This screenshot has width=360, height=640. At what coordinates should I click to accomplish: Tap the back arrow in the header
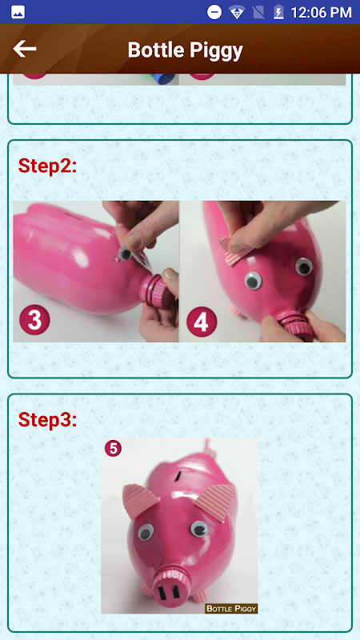(25, 50)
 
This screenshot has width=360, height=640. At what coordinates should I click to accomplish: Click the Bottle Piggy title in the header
(186, 50)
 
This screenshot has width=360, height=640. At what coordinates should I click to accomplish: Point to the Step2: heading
(47, 166)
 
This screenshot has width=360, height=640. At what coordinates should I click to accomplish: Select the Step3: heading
(47, 419)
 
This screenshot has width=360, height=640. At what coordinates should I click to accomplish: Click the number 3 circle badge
(34, 319)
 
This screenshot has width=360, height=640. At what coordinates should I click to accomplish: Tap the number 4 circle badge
(202, 322)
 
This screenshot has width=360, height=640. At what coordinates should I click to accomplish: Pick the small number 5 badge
(113, 448)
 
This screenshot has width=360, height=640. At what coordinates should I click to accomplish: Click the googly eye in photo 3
(125, 254)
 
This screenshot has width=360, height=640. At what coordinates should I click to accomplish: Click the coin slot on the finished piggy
(178, 475)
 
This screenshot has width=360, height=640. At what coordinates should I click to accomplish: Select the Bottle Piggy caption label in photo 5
(231, 608)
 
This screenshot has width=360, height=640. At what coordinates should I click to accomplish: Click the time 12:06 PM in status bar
(321, 12)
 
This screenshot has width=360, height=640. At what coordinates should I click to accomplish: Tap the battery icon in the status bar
(278, 12)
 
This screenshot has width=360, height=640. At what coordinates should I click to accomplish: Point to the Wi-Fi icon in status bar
(237, 13)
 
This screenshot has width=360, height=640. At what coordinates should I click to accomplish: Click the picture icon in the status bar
(18, 12)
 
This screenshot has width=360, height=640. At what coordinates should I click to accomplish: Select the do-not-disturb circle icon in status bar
(214, 12)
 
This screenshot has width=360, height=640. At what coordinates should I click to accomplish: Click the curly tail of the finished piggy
(209, 449)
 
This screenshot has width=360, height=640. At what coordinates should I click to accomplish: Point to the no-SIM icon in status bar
(258, 13)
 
